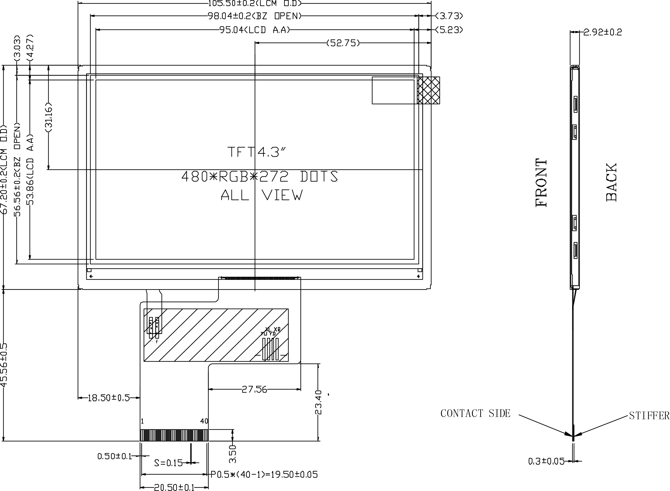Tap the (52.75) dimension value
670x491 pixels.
tap(343, 43)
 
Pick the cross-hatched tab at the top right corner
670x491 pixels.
tap(428, 90)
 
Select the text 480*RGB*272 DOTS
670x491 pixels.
tap(260, 177)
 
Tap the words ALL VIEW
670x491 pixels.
tap(262, 195)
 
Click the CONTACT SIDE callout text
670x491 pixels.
tap(475, 413)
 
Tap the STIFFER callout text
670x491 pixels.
tap(649, 415)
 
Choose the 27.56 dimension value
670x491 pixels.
tap(254, 389)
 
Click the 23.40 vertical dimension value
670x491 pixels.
tap(318, 402)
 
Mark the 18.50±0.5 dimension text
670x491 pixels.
tap(109, 398)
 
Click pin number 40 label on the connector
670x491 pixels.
tap(204, 421)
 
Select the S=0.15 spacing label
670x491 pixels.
tap(168, 463)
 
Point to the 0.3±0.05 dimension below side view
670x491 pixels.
tap(546, 461)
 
